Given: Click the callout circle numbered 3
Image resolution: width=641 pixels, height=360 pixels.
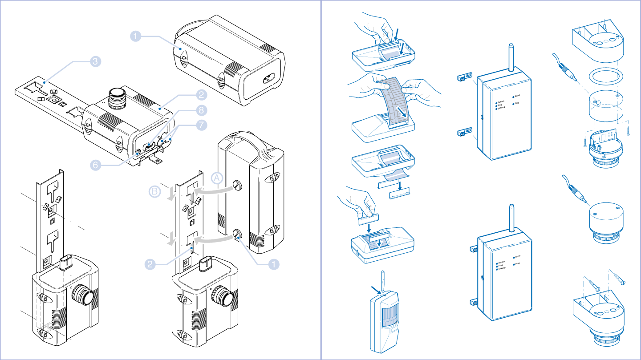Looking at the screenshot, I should (95, 62).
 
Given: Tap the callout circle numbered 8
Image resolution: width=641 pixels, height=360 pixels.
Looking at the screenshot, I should (202, 109).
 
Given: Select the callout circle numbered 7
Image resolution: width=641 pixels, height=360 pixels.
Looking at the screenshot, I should (202, 125).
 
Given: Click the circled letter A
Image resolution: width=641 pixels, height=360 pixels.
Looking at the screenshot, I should (217, 178).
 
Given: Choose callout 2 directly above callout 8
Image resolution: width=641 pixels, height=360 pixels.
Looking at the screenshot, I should (202, 94).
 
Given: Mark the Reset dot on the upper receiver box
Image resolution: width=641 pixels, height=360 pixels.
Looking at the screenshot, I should (513, 96).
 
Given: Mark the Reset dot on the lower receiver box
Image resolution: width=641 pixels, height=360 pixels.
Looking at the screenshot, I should (514, 257).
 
